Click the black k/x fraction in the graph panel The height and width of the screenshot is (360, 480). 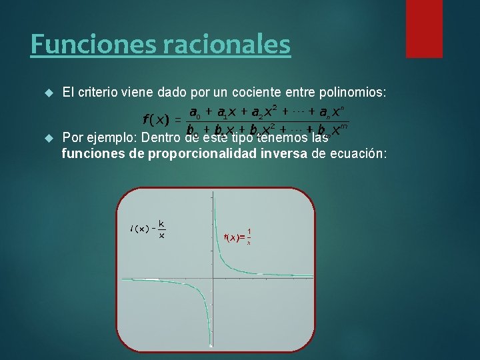coord(162,229)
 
